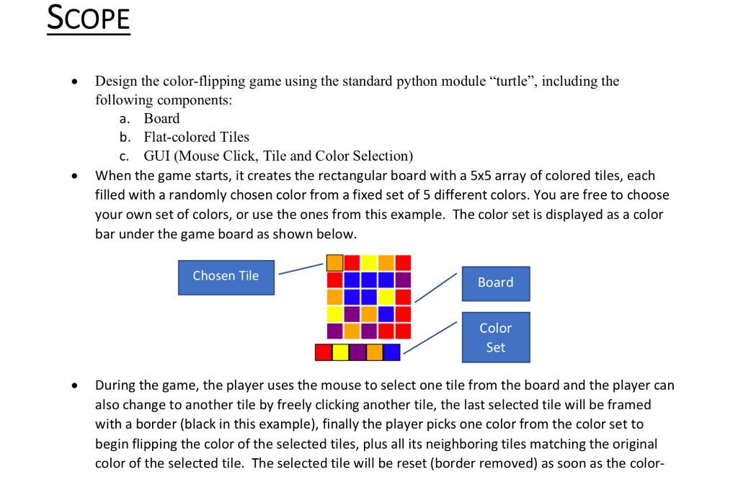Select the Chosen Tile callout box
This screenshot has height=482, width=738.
pyautogui.click(x=226, y=277)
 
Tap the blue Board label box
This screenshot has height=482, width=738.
pyautogui.click(x=495, y=283)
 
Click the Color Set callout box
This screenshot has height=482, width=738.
pyautogui.click(x=495, y=337)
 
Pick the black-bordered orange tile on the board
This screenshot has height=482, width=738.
pyautogui.click(x=335, y=262)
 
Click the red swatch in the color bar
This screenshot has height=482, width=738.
pyautogui.click(x=324, y=352)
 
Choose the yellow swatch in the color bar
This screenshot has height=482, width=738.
pyautogui.click(x=341, y=352)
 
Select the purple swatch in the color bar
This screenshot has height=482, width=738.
pyautogui.click(x=357, y=352)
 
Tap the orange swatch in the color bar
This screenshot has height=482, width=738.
pyautogui.click(x=375, y=352)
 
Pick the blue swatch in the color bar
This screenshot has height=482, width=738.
pyautogui.click(x=391, y=352)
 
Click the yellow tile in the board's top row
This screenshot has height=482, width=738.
pyautogui.click(x=369, y=262)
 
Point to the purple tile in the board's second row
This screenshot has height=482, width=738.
pyautogui.click(x=403, y=280)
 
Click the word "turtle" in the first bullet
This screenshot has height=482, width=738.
pyautogui.click(x=511, y=81)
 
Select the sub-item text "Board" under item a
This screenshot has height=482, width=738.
pyautogui.click(x=161, y=118)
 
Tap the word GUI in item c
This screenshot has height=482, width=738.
pyautogui.click(x=158, y=155)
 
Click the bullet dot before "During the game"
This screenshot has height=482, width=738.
pyautogui.click(x=75, y=386)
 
